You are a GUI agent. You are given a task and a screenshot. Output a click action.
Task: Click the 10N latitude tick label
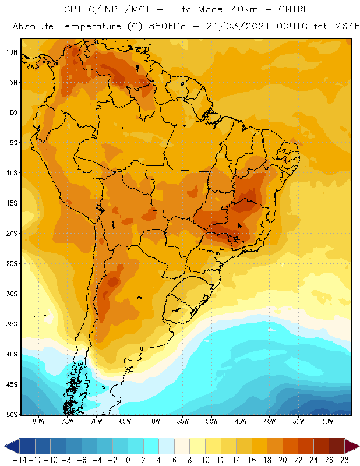pos(12,52)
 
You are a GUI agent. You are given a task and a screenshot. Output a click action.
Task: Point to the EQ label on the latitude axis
pos(13,112)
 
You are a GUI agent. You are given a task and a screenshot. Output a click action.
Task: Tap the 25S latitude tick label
pos(12,264)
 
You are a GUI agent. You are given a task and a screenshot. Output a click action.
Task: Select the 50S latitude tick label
pos(12,415)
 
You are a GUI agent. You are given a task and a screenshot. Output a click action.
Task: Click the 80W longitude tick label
pos(38,421)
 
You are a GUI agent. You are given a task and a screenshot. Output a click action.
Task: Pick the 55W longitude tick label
pos(183,421)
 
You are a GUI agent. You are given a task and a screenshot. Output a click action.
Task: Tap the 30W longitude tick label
pos(327,421)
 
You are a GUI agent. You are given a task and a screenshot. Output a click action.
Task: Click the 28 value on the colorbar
pos(344,460)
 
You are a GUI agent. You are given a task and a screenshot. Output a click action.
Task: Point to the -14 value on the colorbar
pos(20,460)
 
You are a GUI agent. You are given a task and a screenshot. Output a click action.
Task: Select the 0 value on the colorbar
pos(128,460)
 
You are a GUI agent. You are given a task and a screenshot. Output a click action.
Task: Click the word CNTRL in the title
pos(294,9)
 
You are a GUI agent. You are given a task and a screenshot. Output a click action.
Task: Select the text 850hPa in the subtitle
pos(167,26)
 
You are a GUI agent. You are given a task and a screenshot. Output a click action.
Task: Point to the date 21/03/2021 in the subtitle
pos(238,26)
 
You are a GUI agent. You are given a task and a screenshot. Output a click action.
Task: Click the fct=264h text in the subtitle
pos(337,26)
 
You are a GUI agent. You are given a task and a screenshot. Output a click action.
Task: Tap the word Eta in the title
pos(183,9)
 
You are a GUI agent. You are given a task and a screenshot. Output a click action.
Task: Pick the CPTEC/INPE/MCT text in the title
pos(107,9)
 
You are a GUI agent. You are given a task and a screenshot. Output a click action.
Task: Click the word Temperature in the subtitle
pos(90,27)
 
